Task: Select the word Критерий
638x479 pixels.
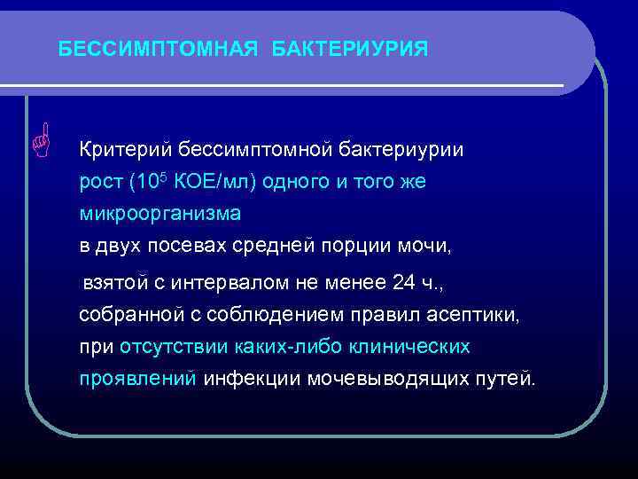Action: [124, 148]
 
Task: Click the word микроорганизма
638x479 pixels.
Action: [159, 215]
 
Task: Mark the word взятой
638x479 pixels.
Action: [111, 283]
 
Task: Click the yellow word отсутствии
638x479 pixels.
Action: [174, 347]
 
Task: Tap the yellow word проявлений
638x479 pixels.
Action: [137, 380]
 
